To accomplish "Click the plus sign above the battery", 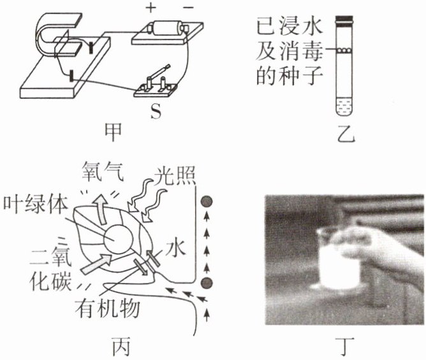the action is [151, 8].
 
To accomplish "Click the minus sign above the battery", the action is [188, 8].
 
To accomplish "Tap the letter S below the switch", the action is [156, 111].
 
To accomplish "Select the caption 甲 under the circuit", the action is [113, 133].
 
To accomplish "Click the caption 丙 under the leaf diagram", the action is [121, 346].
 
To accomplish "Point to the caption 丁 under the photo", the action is [345, 346].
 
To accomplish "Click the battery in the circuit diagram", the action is [167, 28].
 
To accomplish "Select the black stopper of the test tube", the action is [344, 21].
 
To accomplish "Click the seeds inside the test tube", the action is [344, 50].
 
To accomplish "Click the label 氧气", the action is [103, 171].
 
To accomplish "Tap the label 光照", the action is [175, 175].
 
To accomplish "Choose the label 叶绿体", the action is [35, 204].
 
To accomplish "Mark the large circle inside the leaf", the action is [119, 239].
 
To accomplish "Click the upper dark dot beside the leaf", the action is [207, 201].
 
